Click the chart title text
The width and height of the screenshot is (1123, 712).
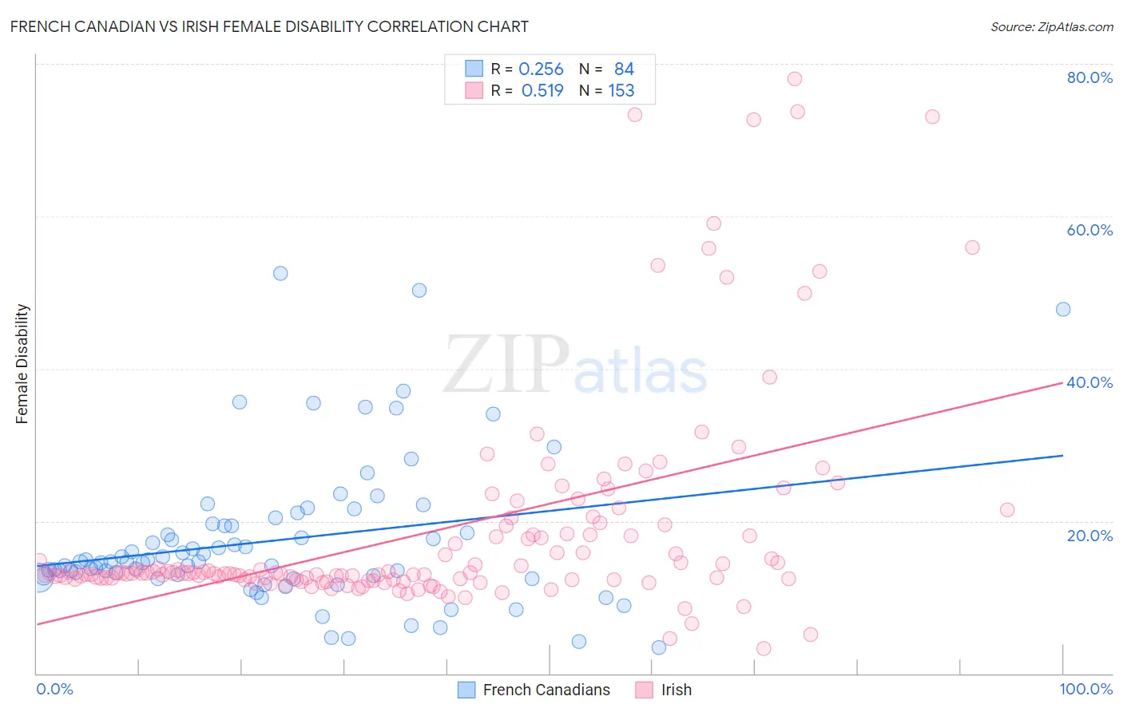click(269, 26)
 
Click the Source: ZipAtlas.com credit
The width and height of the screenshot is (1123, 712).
click(1051, 26)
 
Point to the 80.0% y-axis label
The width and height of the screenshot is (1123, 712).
click(1089, 77)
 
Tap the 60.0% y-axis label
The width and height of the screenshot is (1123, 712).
click(1089, 230)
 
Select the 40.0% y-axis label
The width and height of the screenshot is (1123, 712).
click(1089, 382)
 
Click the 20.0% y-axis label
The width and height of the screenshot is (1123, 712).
click(1089, 536)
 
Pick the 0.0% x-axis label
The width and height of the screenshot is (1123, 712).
click(55, 689)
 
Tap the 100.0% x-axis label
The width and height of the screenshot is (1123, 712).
click(1085, 689)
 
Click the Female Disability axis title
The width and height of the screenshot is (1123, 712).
click(22, 363)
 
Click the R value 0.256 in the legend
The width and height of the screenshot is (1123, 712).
click(541, 69)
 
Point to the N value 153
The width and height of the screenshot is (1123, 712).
click(621, 91)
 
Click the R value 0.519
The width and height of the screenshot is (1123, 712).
click(542, 91)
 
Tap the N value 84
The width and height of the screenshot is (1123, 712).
click(624, 69)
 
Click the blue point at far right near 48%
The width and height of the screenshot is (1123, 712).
click(1063, 309)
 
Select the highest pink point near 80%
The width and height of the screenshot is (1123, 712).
click(794, 78)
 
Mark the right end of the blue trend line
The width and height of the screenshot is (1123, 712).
click(1063, 455)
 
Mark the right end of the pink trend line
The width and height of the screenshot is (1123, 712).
click(1063, 383)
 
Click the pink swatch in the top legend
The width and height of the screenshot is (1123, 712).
click(474, 91)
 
